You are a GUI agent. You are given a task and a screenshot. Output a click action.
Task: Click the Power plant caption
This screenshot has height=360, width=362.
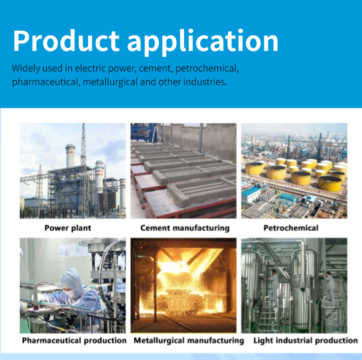(68, 228)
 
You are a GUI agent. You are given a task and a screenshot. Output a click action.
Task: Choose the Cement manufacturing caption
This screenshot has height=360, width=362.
(185, 228)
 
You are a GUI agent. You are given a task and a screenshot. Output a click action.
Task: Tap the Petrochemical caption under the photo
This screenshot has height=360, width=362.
(291, 228)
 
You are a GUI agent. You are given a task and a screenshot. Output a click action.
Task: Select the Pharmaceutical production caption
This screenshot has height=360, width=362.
(74, 340)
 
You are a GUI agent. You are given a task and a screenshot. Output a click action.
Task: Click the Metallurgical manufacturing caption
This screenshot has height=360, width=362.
(189, 340)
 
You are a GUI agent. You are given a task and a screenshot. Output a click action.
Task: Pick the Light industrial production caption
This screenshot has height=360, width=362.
(305, 340)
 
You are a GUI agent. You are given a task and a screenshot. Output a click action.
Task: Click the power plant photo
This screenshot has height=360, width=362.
(72, 171)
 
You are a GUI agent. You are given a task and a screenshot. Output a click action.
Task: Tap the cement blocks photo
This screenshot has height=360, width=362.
(183, 171)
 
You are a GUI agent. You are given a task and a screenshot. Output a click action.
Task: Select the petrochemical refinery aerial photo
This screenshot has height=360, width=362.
(294, 171)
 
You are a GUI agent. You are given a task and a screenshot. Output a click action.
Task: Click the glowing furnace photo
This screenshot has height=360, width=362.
(183, 285)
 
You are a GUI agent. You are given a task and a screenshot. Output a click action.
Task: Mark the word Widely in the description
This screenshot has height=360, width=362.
(26, 69)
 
